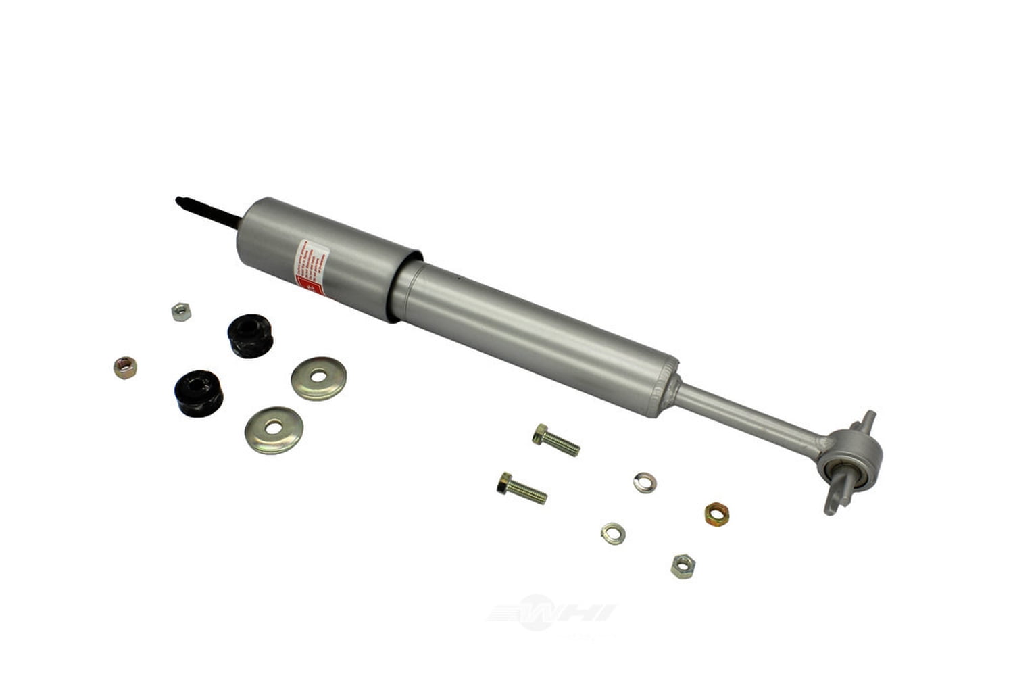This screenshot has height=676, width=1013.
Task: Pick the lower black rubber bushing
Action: click(x=198, y=392)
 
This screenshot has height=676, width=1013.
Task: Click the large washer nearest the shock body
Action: click(x=318, y=378)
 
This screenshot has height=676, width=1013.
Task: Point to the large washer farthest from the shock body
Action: click(x=274, y=429)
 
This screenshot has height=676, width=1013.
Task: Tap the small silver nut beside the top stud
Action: click(x=180, y=312)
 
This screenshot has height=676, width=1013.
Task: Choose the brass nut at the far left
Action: click(x=125, y=367)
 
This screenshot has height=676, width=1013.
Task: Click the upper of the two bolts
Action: click(x=556, y=439)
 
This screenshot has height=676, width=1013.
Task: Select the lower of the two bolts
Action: click(x=522, y=487)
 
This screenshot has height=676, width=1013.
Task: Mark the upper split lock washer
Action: click(x=645, y=483)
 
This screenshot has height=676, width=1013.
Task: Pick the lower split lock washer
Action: click(x=612, y=533)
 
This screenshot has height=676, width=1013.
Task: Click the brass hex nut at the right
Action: click(x=716, y=513)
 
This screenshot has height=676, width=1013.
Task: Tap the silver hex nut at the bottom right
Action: click(x=683, y=565)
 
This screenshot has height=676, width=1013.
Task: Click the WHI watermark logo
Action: click(x=551, y=612)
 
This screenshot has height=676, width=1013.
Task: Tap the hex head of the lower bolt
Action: click(x=504, y=482)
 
